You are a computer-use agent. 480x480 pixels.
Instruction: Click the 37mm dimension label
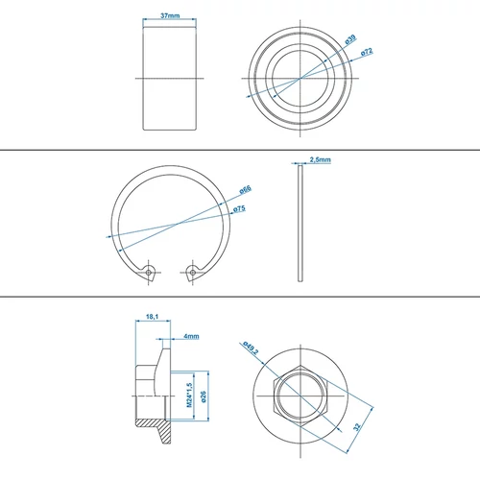tap(169, 16)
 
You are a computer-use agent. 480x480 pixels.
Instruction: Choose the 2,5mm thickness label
tap(321, 160)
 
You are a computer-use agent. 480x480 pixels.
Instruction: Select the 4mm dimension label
tap(191, 337)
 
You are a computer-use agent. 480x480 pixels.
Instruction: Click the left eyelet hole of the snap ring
tap(149, 272)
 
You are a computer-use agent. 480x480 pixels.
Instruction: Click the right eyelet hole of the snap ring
tap(193, 272)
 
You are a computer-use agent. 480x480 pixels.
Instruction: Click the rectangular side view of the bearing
tap(169, 78)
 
